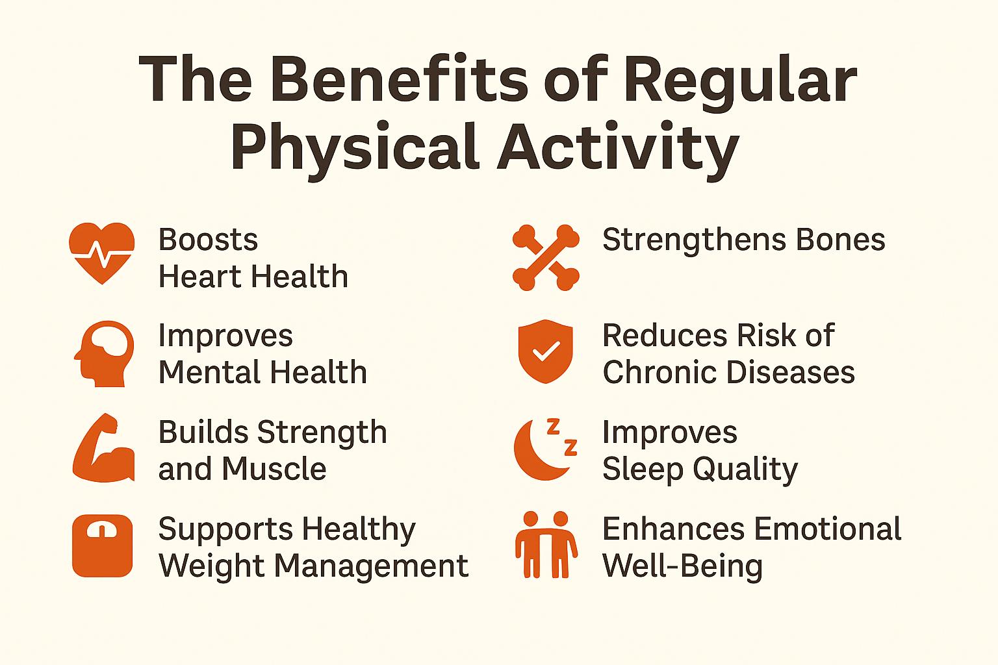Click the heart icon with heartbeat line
pyautogui.click(x=101, y=253)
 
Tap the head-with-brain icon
pyautogui.click(x=104, y=354)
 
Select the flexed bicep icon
pyautogui.click(x=103, y=447)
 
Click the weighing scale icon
pyautogui.click(x=103, y=546)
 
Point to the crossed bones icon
pyautogui.click(x=546, y=257)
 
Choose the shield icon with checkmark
pyautogui.click(x=545, y=351)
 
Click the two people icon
pyautogui.click(x=546, y=545)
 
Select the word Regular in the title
pyautogui.click(x=740, y=83)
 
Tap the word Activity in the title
pyautogui.click(x=619, y=151)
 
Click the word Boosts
pyautogui.click(x=208, y=240)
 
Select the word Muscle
pyautogui.click(x=274, y=469)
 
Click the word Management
pyautogui.click(x=371, y=566)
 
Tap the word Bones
pyautogui.click(x=840, y=240)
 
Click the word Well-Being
pyautogui.click(x=682, y=566)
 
